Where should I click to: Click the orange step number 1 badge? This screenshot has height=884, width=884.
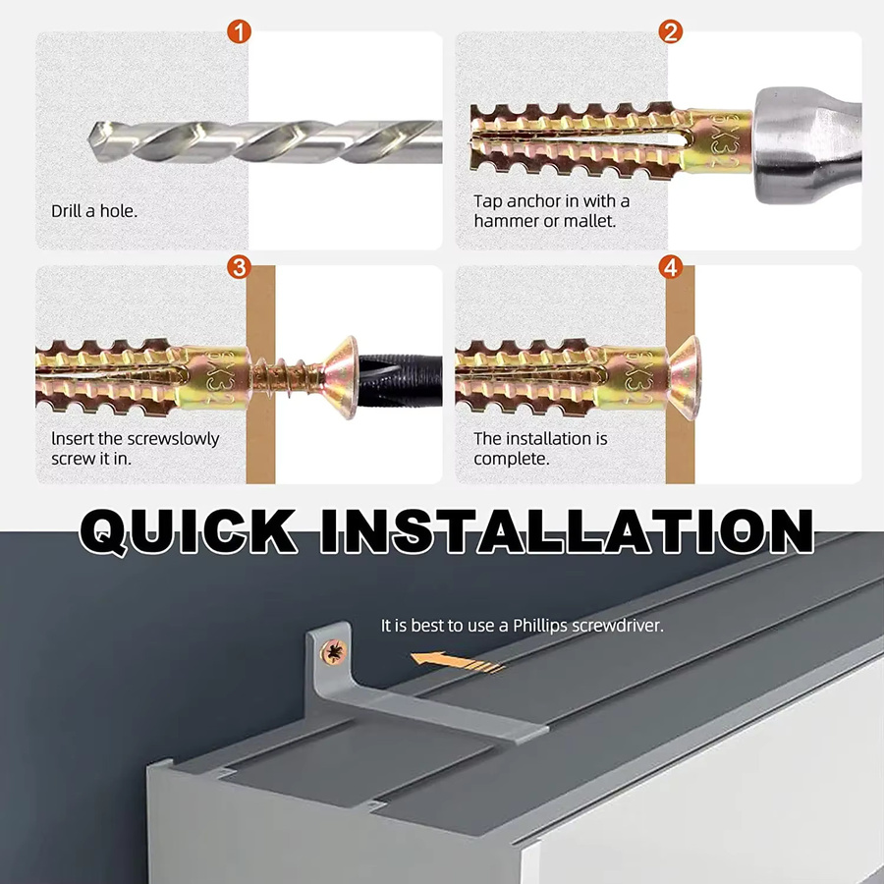tap(239, 32)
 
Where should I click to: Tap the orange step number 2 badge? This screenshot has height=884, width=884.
tap(670, 32)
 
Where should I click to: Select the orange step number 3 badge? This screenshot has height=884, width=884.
tap(239, 266)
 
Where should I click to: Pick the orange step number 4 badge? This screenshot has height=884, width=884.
tap(670, 266)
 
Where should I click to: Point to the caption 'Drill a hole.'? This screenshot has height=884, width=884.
tap(94, 211)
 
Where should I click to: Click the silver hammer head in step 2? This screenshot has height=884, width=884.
tap(806, 140)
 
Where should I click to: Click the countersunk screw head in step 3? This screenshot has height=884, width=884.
tap(341, 376)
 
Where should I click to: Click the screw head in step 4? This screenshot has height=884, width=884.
tap(684, 376)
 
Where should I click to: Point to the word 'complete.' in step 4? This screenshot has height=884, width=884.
tap(512, 459)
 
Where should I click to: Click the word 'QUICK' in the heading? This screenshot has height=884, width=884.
tap(189, 531)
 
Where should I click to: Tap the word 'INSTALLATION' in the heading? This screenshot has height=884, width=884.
tap(567, 531)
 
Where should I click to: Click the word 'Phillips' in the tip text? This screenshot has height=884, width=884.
tap(540, 626)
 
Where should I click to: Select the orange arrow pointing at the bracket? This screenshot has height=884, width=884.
tap(457, 662)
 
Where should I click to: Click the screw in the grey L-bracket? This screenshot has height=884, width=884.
tap(334, 652)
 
